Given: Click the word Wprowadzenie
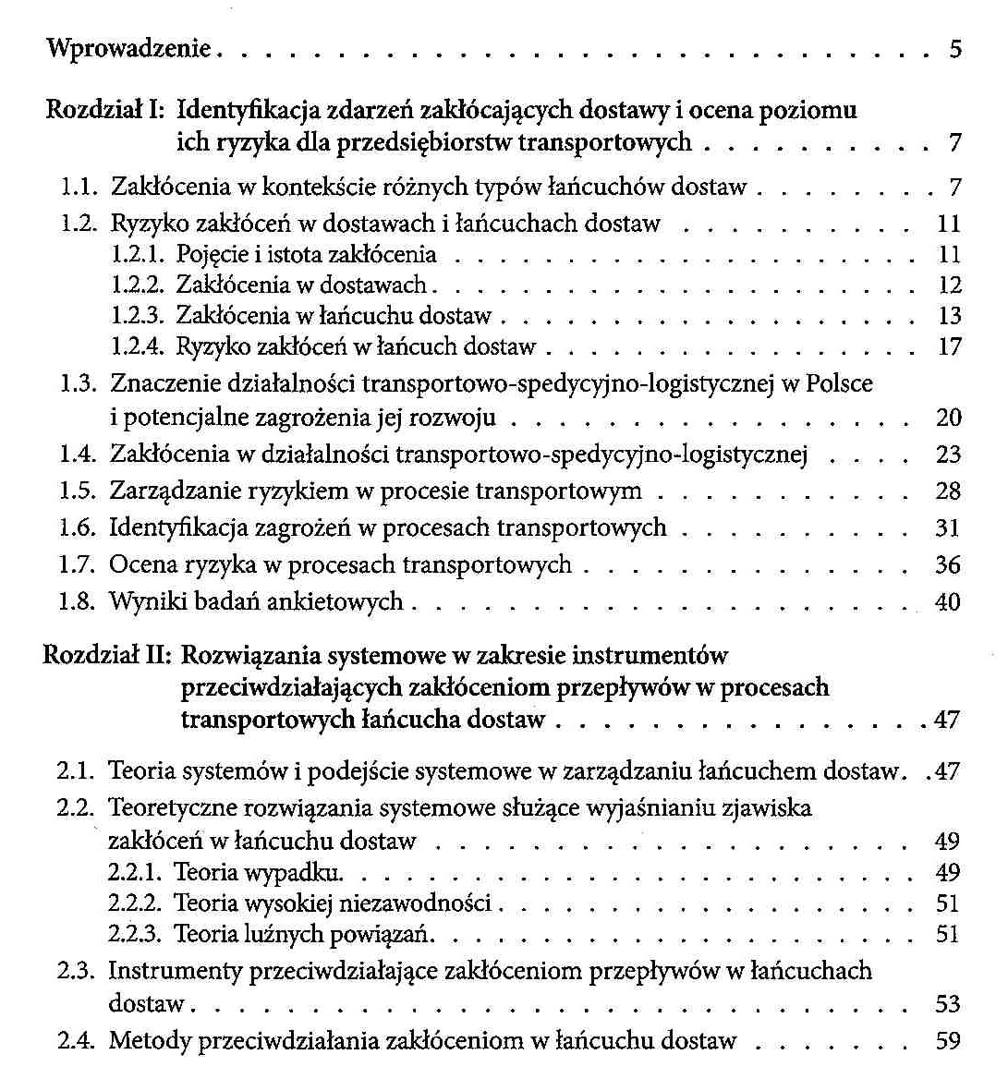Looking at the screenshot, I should pos(129,48).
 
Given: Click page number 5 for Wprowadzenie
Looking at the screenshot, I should pos(954,49).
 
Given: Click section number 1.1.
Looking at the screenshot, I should pos(79,188).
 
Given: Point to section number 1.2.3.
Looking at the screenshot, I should pos(137,316).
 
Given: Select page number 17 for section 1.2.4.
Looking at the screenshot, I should pos(949,347).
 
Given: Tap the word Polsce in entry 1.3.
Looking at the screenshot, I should pos(839,382).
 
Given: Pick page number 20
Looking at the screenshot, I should pos(948,418).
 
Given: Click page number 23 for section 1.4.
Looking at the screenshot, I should pos(948,455).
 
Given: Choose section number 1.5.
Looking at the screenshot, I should pos(78,491).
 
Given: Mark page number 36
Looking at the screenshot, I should pos(948,564).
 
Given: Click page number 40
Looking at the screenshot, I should pos(948,602).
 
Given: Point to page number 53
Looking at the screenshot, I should pos(948,1003).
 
